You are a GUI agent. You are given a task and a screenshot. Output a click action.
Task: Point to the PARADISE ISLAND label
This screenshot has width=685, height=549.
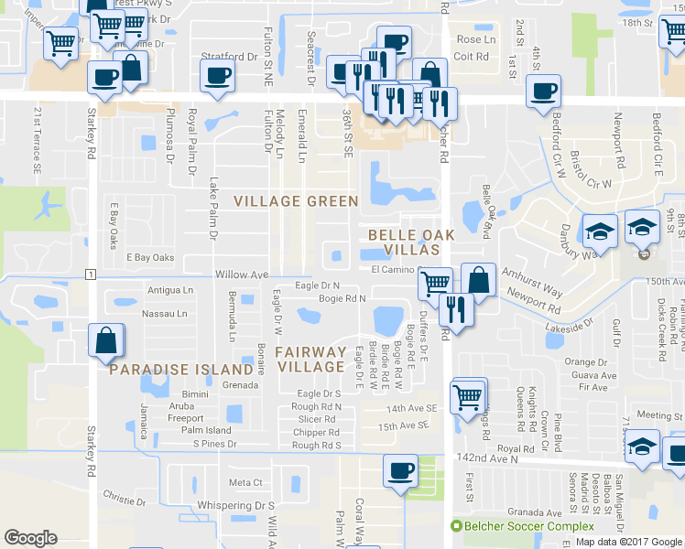(x=180, y=370)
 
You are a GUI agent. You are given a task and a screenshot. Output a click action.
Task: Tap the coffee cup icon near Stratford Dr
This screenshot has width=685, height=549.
(x=217, y=76)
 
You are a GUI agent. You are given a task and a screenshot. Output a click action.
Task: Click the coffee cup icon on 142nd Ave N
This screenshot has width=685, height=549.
(x=399, y=470)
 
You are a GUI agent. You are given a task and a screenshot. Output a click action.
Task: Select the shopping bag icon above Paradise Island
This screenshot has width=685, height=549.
(x=106, y=339)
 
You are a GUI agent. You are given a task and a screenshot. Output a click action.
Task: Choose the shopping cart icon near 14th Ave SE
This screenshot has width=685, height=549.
(x=468, y=395)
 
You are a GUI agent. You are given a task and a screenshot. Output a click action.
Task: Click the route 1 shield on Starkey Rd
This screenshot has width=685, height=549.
(x=90, y=274)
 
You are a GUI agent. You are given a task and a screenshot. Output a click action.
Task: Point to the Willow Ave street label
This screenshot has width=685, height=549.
(x=242, y=274)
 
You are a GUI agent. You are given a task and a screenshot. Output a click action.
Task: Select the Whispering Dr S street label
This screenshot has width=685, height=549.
(x=240, y=505)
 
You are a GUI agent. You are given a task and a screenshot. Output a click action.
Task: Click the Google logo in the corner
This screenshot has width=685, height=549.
(x=31, y=538)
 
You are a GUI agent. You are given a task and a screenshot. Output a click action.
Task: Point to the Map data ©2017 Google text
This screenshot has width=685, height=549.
(x=628, y=542)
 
